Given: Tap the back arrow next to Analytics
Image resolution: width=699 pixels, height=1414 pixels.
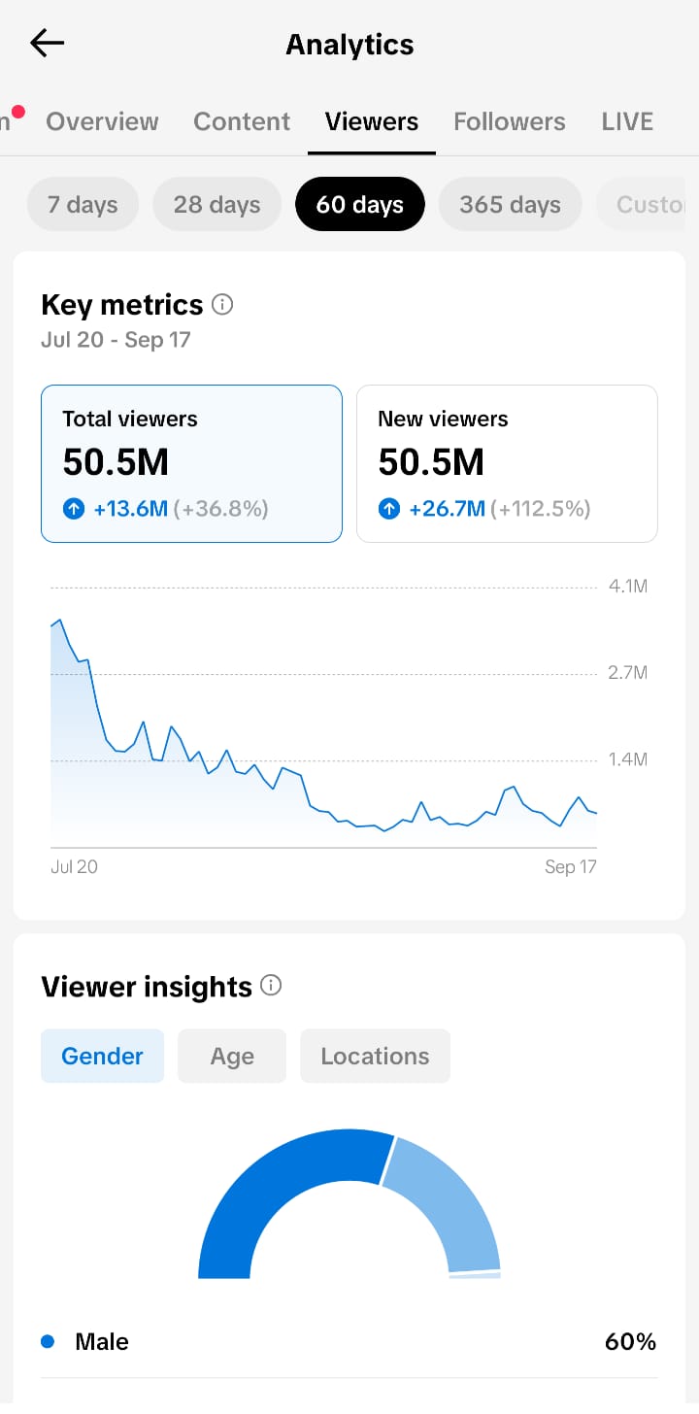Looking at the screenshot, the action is pos(48,43).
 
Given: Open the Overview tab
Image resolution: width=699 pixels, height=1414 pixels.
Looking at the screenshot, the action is pos(102,121).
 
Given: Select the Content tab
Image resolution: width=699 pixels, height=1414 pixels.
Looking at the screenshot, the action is pos(242,121).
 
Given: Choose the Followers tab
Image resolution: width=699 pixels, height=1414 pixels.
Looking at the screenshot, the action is pos(509,121).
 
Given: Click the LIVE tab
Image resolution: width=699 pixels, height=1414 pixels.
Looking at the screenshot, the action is pos(627,121).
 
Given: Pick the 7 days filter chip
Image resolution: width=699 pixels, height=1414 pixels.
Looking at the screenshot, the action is pos(83,204).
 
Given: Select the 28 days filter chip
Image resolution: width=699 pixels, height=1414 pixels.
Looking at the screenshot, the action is pos(217,204).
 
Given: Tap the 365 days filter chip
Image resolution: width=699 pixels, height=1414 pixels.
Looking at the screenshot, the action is pos(510,204).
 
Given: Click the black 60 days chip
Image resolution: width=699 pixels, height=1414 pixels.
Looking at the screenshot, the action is pos(359,204).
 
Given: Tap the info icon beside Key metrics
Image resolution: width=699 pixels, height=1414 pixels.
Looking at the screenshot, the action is pos(222,304).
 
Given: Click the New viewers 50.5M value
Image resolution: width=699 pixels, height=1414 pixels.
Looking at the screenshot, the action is pos(431,461).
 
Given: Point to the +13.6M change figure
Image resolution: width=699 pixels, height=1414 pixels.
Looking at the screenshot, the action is pos(131,508).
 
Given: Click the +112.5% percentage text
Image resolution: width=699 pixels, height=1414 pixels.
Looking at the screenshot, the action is pos(540,508).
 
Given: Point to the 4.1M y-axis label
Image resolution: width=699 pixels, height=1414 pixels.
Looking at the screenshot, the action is pos(628,587).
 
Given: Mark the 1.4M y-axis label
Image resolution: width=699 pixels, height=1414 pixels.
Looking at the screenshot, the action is pos(628,758).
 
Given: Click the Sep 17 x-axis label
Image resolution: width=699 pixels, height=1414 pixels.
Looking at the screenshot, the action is pos(570,866).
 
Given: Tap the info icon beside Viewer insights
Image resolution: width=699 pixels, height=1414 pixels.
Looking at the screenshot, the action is pos(271,985).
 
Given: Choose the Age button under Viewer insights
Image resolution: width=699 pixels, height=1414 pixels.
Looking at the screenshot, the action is pos(232,1056).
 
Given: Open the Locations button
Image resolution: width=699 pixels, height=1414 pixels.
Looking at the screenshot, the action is pos(376,1056).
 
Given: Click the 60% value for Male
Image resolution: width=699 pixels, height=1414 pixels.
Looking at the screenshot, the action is pos(630,1341).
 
